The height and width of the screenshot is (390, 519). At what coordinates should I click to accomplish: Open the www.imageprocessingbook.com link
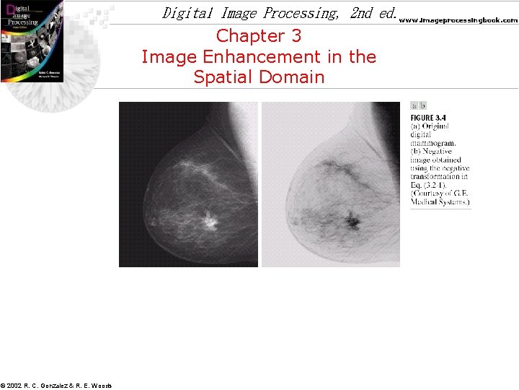pos(458,20)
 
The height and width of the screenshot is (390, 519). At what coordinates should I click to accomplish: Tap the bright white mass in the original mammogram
pos(210,220)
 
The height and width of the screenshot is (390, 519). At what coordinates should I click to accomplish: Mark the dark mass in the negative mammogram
pos(352,220)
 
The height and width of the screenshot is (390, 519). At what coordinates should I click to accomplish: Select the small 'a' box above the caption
pos(414,106)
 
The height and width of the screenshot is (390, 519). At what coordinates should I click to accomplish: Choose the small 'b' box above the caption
pos(423,106)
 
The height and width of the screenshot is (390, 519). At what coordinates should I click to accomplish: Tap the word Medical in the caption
pos(425,201)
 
